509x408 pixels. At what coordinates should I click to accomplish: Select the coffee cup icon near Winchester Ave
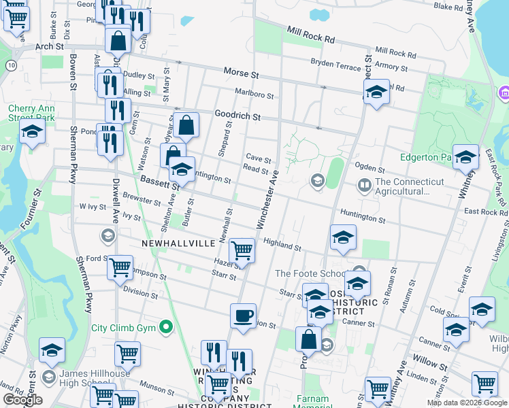[243, 316]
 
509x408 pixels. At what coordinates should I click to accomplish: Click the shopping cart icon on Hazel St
[242, 251]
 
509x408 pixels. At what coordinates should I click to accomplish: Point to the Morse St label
[242, 72]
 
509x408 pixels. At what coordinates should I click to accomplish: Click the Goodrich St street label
[237, 116]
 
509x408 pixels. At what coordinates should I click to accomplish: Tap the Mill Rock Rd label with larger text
[311, 35]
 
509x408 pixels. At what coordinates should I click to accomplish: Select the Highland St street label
[282, 245]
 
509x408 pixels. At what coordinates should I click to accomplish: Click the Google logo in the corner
[22, 400]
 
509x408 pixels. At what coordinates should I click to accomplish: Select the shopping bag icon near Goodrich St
[186, 125]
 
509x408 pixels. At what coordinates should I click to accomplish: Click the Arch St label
[49, 46]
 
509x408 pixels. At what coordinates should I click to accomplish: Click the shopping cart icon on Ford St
[120, 267]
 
